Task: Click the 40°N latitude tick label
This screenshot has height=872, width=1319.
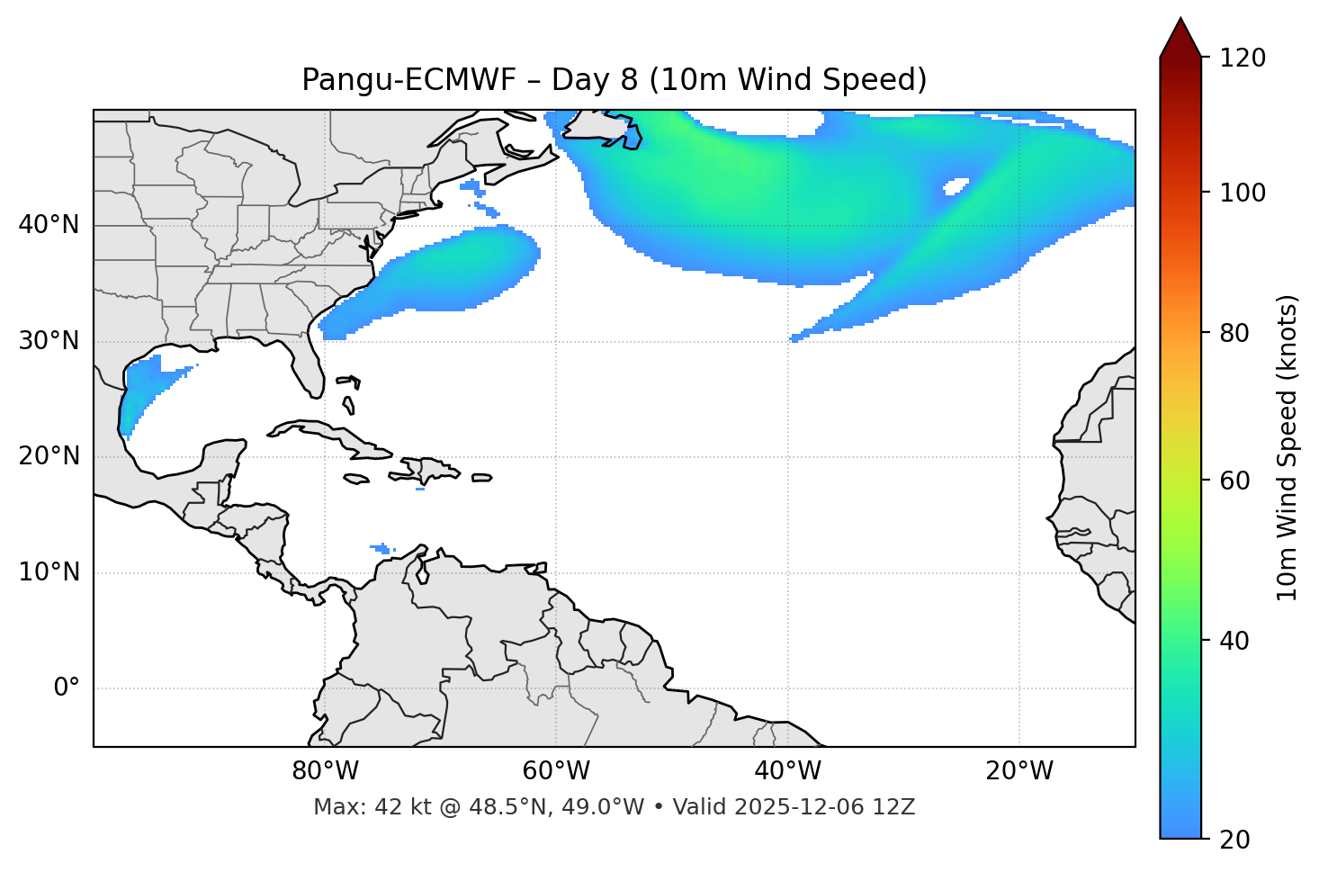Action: click(49, 225)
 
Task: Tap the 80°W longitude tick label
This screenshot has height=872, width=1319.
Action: click(325, 771)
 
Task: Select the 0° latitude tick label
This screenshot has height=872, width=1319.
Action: click(67, 688)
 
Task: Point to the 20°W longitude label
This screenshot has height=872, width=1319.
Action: click(1019, 771)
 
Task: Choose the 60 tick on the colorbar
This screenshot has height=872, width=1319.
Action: click(1234, 481)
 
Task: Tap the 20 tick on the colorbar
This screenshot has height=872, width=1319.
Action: click(1234, 840)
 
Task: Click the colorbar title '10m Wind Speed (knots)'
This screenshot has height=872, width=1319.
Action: click(1288, 447)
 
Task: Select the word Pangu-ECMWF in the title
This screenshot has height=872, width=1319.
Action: click(408, 80)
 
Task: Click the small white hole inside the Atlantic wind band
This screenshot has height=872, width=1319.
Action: click(955, 186)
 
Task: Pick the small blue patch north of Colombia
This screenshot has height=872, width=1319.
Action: click(382, 547)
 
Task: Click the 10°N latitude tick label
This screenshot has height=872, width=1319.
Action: click(49, 572)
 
